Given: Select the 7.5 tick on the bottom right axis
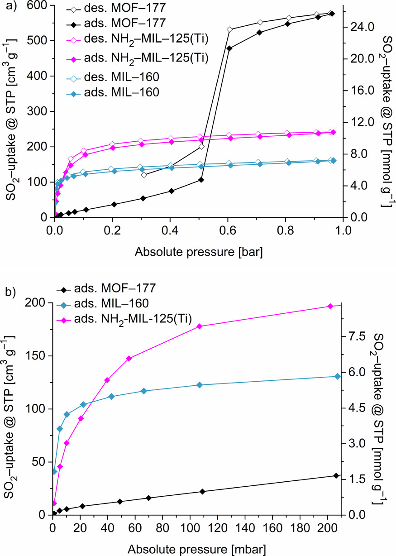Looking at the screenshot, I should pyautogui.click(x=357, y=336).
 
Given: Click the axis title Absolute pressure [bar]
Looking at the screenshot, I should pyautogui.click(x=199, y=249).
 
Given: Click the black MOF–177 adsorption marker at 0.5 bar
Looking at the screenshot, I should pyautogui.click(x=201, y=180).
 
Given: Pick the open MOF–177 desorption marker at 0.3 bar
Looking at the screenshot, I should pyautogui.click(x=143, y=175).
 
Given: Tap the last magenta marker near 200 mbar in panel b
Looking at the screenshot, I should pyautogui.click(x=330, y=307).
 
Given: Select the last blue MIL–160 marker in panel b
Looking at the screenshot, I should pyautogui.click(x=337, y=376).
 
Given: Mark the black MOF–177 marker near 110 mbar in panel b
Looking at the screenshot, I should pyautogui.click(x=202, y=492).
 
